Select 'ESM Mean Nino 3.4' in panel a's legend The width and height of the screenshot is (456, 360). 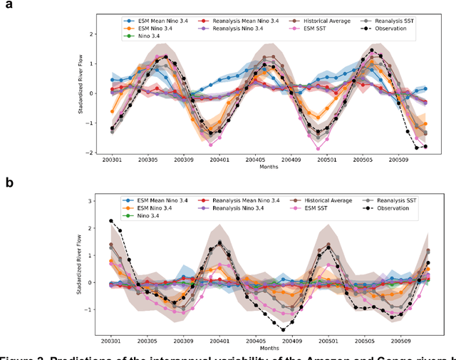[x=154, y=21]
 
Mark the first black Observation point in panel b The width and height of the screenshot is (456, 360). [x=110, y=221]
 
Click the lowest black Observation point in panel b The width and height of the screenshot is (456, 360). [x=282, y=329]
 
